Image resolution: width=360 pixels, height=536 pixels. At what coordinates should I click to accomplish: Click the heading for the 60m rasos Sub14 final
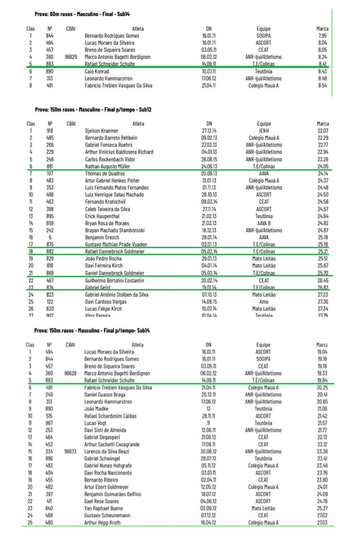pos(82,14)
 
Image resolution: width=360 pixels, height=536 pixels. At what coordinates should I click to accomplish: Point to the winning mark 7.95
pos(322,36)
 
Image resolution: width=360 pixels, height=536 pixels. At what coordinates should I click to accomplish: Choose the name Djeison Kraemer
pos(101,131)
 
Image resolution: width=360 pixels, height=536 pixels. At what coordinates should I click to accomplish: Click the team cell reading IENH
pos(263,131)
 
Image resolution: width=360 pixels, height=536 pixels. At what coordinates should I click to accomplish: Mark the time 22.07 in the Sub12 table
pos(322,131)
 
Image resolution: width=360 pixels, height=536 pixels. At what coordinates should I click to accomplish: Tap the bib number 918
pos(49,131)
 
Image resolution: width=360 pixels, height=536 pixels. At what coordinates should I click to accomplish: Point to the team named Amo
pos(263,302)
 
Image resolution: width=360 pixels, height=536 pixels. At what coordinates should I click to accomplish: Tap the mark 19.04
pos(322,352)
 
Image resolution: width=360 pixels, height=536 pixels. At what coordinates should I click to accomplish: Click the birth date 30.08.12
pos(208,451)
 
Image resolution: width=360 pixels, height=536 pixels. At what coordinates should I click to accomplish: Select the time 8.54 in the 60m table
pos(322,86)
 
